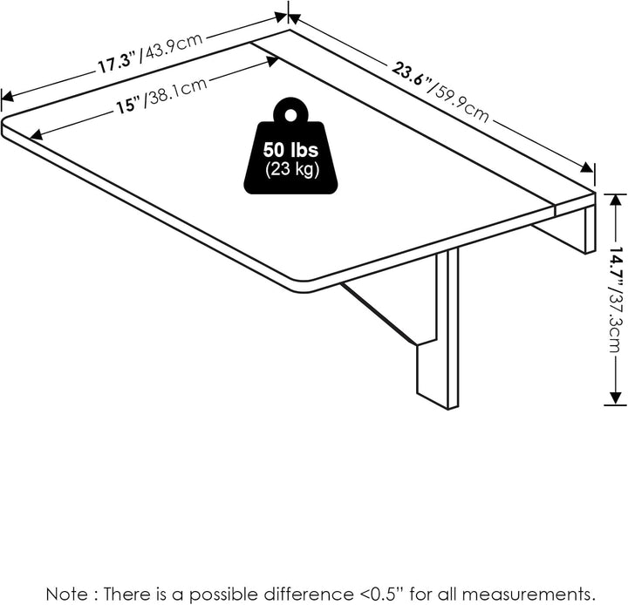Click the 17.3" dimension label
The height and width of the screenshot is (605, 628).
[x=118, y=63]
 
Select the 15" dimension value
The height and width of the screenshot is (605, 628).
[x=130, y=105]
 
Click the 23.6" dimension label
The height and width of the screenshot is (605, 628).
[x=412, y=75]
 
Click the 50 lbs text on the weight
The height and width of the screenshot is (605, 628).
[x=290, y=150]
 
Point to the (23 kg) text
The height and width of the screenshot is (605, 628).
[x=291, y=169]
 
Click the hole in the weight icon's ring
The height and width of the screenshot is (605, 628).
[x=290, y=115]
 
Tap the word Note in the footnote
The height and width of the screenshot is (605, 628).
[x=66, y=594]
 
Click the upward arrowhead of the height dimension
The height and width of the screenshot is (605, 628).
[x=615, y=201]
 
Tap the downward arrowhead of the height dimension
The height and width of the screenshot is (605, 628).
[x=615, y=398]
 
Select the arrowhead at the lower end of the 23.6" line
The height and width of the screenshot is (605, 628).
[x=587, y=167]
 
